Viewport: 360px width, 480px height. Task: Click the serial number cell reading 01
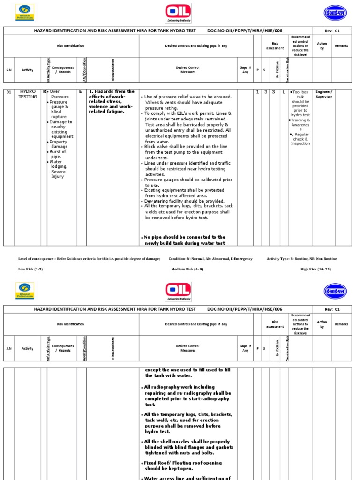coord(8,92)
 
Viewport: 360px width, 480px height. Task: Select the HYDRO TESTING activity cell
coord(27,94)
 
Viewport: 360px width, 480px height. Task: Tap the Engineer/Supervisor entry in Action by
coord(324,94)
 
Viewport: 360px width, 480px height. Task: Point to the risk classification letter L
coord(284,92)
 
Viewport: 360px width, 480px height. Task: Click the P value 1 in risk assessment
coord(257,92)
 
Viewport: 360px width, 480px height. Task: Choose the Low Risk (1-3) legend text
coord(31,270)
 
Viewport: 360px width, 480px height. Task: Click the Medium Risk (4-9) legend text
coord(184,270)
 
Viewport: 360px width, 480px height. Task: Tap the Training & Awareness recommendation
coord(300,125)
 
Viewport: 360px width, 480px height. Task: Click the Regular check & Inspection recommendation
coord(300,139)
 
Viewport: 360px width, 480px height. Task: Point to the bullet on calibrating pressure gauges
coord(188,182)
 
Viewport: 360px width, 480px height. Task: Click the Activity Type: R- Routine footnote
coord(301,259)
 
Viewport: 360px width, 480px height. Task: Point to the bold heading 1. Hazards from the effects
coord(111,101)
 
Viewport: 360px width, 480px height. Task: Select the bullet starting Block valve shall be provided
coord(188,152)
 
